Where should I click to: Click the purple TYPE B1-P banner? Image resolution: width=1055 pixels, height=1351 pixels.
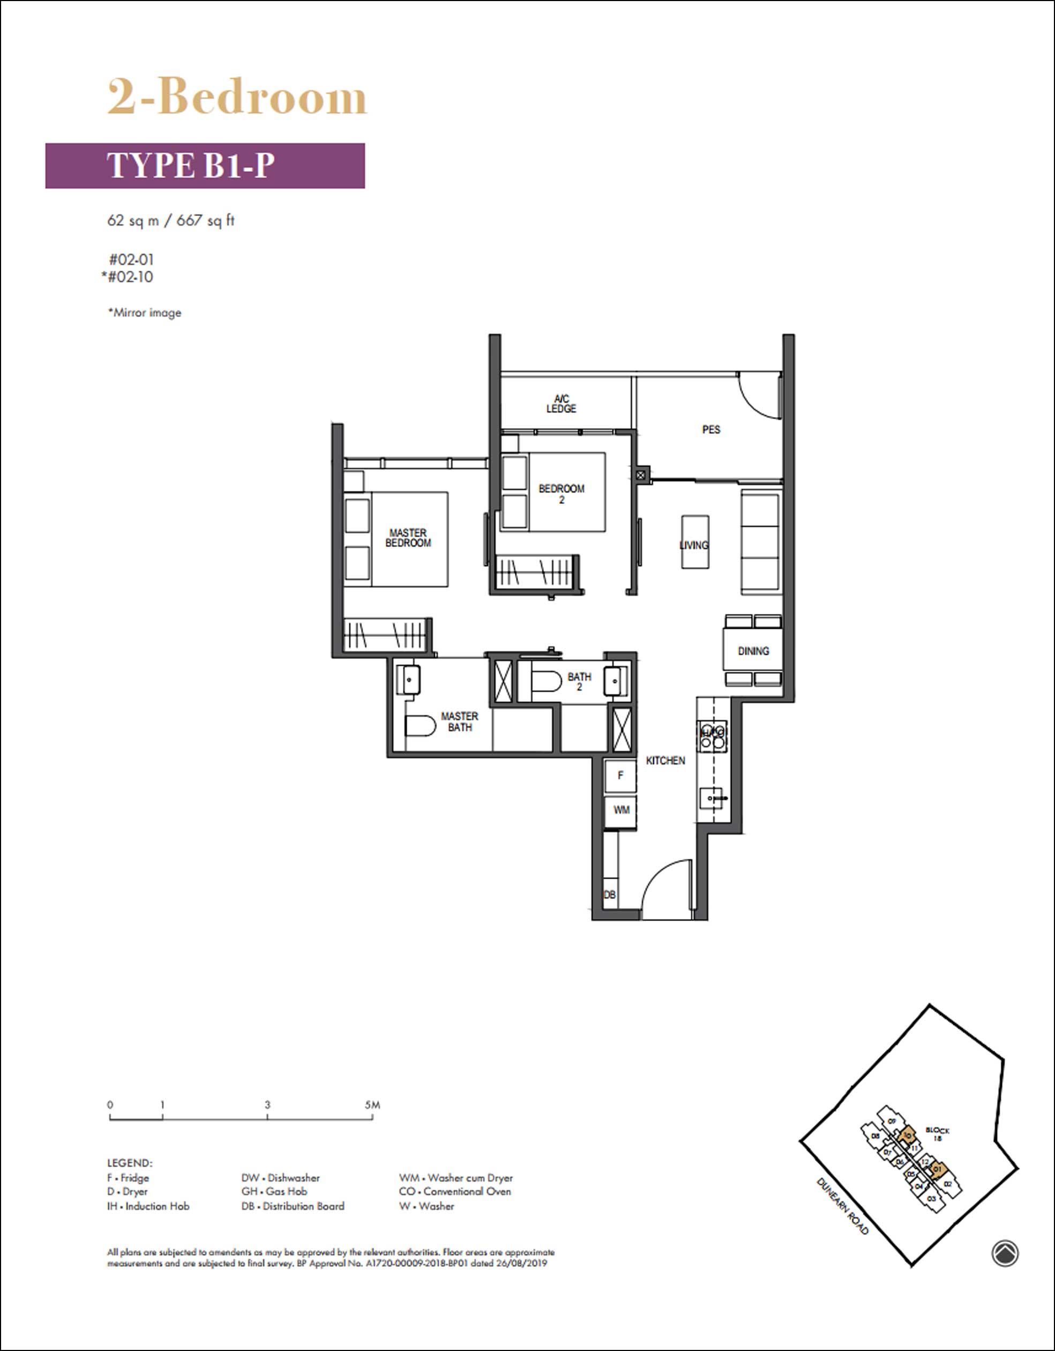pyautogui.click(x=205, y=166)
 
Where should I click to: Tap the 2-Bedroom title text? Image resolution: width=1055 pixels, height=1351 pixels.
pyautogui.click(x=237, y=97)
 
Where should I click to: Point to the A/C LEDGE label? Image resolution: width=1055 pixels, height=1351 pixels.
pyautogui.click(x=561, y=404)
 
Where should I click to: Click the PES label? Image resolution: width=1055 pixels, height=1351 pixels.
pyautogui.click(x=710, y=429)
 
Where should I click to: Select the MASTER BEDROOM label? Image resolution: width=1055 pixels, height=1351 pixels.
pyautogui.click(x=408, y=538)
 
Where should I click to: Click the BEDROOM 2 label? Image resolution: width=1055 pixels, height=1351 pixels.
pyautogui.click(x=561, y=494)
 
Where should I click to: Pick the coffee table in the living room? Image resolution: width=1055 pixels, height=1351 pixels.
pyautogui.click(x=695, y=542)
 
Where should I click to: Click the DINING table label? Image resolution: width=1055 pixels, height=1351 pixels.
pyautogui.click(x=753, y=651)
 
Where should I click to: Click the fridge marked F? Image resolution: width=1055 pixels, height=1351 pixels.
pyautogui.click(x=620, y=776)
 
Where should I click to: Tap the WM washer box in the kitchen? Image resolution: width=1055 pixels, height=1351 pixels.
pyautogui.click(x=621, y=810)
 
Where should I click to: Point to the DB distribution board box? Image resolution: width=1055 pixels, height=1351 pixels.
pyautogui.click(x=610, y=894)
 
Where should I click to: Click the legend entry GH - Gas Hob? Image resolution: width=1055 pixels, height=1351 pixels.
pyautogui.click(x=274, y=1191)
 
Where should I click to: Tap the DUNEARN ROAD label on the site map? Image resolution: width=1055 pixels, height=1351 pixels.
pyautogui.click(x=842, y=1206)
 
